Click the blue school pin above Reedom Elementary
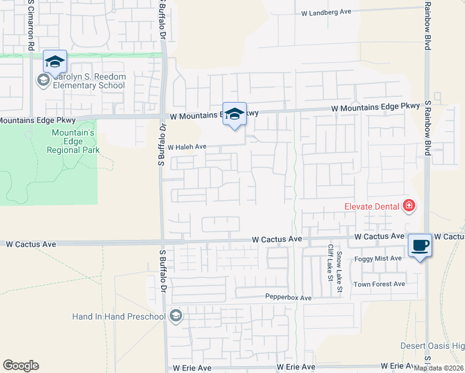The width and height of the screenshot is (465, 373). point(55,62)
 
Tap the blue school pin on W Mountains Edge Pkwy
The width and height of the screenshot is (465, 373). point(234,114)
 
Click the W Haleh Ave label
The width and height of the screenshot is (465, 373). point(186,147)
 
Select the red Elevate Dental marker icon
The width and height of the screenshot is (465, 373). point(408,206)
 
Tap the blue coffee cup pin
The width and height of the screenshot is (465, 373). point(420,245)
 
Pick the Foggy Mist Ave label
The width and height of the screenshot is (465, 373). point(379,258)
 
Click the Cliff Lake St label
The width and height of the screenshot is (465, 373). point(330,262)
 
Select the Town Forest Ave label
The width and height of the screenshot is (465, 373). point(379,284)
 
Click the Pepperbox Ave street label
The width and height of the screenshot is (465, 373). point(288,298)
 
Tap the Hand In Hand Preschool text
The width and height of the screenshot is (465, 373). point(119,316)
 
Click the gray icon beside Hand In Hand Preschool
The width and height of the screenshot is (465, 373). point(176,316)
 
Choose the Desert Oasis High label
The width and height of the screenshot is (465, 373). point(432,346)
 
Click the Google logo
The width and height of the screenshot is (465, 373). point(21,366)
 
